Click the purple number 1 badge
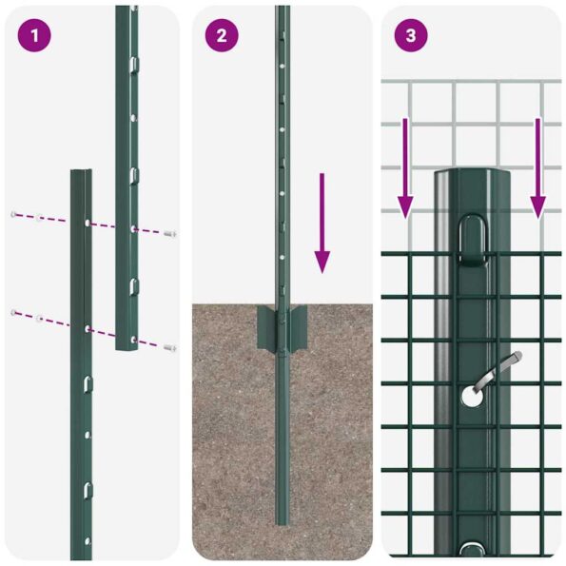click(34, 36)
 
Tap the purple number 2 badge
click(222, 36)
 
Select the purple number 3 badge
click(410, 36)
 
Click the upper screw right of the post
click(169, 233)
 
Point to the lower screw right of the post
click(169, 348)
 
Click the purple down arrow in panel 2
click(322, 223)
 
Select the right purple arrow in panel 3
click(537, 167)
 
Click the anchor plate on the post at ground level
click(283, 328)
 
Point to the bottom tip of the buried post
click(283, 520)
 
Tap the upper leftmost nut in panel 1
click(13, 213)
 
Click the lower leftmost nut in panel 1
click(13, 313)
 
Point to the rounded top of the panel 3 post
click(473, 176)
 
